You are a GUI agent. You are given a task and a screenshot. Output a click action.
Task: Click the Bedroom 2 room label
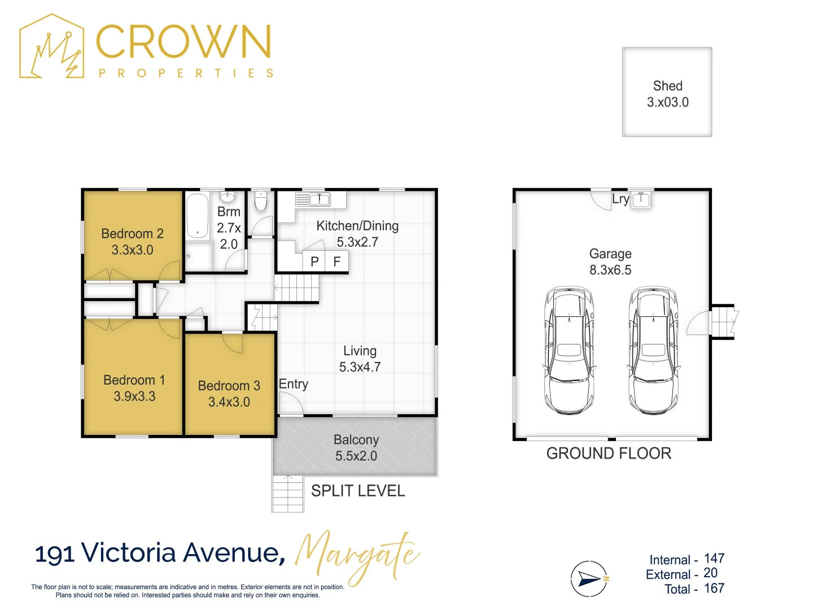(x=132, y=234)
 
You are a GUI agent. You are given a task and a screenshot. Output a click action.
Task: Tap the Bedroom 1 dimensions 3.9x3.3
(x=134, y=396)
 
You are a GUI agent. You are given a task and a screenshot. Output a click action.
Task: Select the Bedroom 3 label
(x=229, y=386)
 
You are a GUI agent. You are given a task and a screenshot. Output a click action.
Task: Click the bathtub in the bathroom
(x=198, y=216)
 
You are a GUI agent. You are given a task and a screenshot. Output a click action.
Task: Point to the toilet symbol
(x=260, y=202)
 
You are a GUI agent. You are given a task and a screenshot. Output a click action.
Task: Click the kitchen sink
(x=319, y=199)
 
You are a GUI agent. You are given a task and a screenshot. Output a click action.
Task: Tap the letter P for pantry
(x=315, y=262)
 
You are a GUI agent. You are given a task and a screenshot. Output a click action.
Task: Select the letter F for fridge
(x=337, y=262)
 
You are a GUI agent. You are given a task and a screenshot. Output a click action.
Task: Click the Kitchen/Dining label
(x=357, y=226)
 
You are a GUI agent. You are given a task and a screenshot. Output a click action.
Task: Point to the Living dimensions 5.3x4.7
(x=360, y=367)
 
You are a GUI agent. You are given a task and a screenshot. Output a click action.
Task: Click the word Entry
(x=294, y=384)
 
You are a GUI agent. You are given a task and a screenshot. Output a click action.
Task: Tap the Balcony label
(x=356, y=439)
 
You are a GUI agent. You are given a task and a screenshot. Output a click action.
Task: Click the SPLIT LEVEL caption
(x=358, y=491)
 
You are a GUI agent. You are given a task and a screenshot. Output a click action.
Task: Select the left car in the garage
(x=569, y=350)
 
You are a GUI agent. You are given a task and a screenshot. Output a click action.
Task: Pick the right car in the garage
(x=653, y=350)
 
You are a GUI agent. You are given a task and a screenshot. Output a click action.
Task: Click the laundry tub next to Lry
(x=641, y=199)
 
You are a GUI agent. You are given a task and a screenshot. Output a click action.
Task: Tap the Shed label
(x=668, y=86)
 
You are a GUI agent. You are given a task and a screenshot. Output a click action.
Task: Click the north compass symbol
(x=589, y=579)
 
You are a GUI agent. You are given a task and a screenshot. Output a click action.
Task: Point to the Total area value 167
(x=714, y=589)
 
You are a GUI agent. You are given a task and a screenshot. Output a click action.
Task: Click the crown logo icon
(x=52, y=46)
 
